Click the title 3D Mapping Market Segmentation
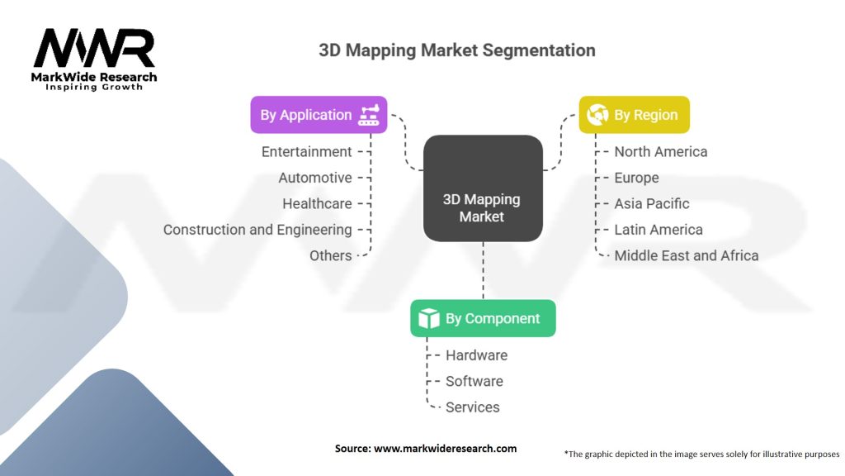456,50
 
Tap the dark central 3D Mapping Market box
483,188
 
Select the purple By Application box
319,115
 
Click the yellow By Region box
634,115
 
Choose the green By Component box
483,318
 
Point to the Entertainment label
306,151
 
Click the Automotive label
314,178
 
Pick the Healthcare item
317,203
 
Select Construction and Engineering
257,230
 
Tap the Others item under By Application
330,255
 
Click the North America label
660,151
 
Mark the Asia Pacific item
651,203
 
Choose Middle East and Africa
686,255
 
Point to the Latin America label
658,230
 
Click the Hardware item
476,355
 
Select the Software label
474,381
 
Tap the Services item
472,407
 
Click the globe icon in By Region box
597,115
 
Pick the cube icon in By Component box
429,318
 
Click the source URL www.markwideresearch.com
445,448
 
